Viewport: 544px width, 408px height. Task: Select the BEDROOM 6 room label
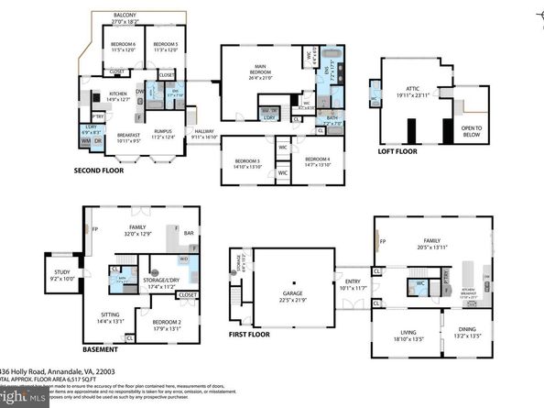pos(123,45)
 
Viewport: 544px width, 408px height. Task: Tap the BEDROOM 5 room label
pos(165,45)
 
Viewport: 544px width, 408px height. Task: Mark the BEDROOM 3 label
pos(245,161)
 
